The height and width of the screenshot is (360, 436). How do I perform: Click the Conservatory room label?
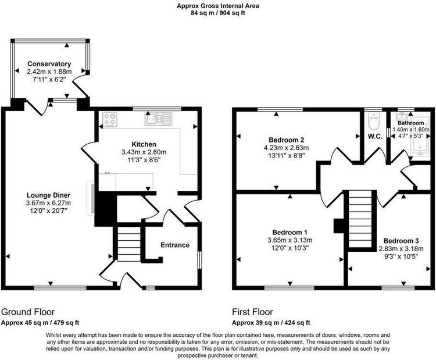pyautogui.click(x=49, y=64)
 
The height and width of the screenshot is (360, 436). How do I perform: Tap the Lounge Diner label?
pyautogui.click(x=48, y=195)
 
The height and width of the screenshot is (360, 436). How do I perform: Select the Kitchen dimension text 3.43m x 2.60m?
pyautogui.click(x=144, y=152)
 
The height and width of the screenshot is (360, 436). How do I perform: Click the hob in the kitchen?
pyautogui.click(x=110, y=120)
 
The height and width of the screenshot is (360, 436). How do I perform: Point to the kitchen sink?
pyautogui.click(x=159, y=119)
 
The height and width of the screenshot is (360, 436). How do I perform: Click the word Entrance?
pyautogui.click(x=175, y=245)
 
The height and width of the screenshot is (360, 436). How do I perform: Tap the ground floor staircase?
pyautogui.click(x=128, y=244)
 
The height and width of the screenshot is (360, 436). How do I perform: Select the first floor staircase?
pyautogui.click(x=360, y=219)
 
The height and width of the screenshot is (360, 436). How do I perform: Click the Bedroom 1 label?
pyautogui.click(x=290, y=232)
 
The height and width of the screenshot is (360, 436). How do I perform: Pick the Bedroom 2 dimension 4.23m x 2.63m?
pyautogui.click(x=286, y=148)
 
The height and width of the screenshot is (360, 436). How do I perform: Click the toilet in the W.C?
pyautogui.click(x=373, y=121)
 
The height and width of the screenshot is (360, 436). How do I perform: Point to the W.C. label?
pyautogui.click(x=375, y=136)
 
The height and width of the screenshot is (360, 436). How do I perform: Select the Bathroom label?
pyautogui.click(x=411, y=123)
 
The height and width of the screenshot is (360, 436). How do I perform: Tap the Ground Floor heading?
pyautogui.click(x=28, y=312)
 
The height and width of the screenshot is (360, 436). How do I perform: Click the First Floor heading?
pyautogui.click(x=252, y=312)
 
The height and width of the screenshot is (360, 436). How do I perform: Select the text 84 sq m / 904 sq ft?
pyautogui.click(x=218, y=13)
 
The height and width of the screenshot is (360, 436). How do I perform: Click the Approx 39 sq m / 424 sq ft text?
pyautogui.click(x=271, y=323)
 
